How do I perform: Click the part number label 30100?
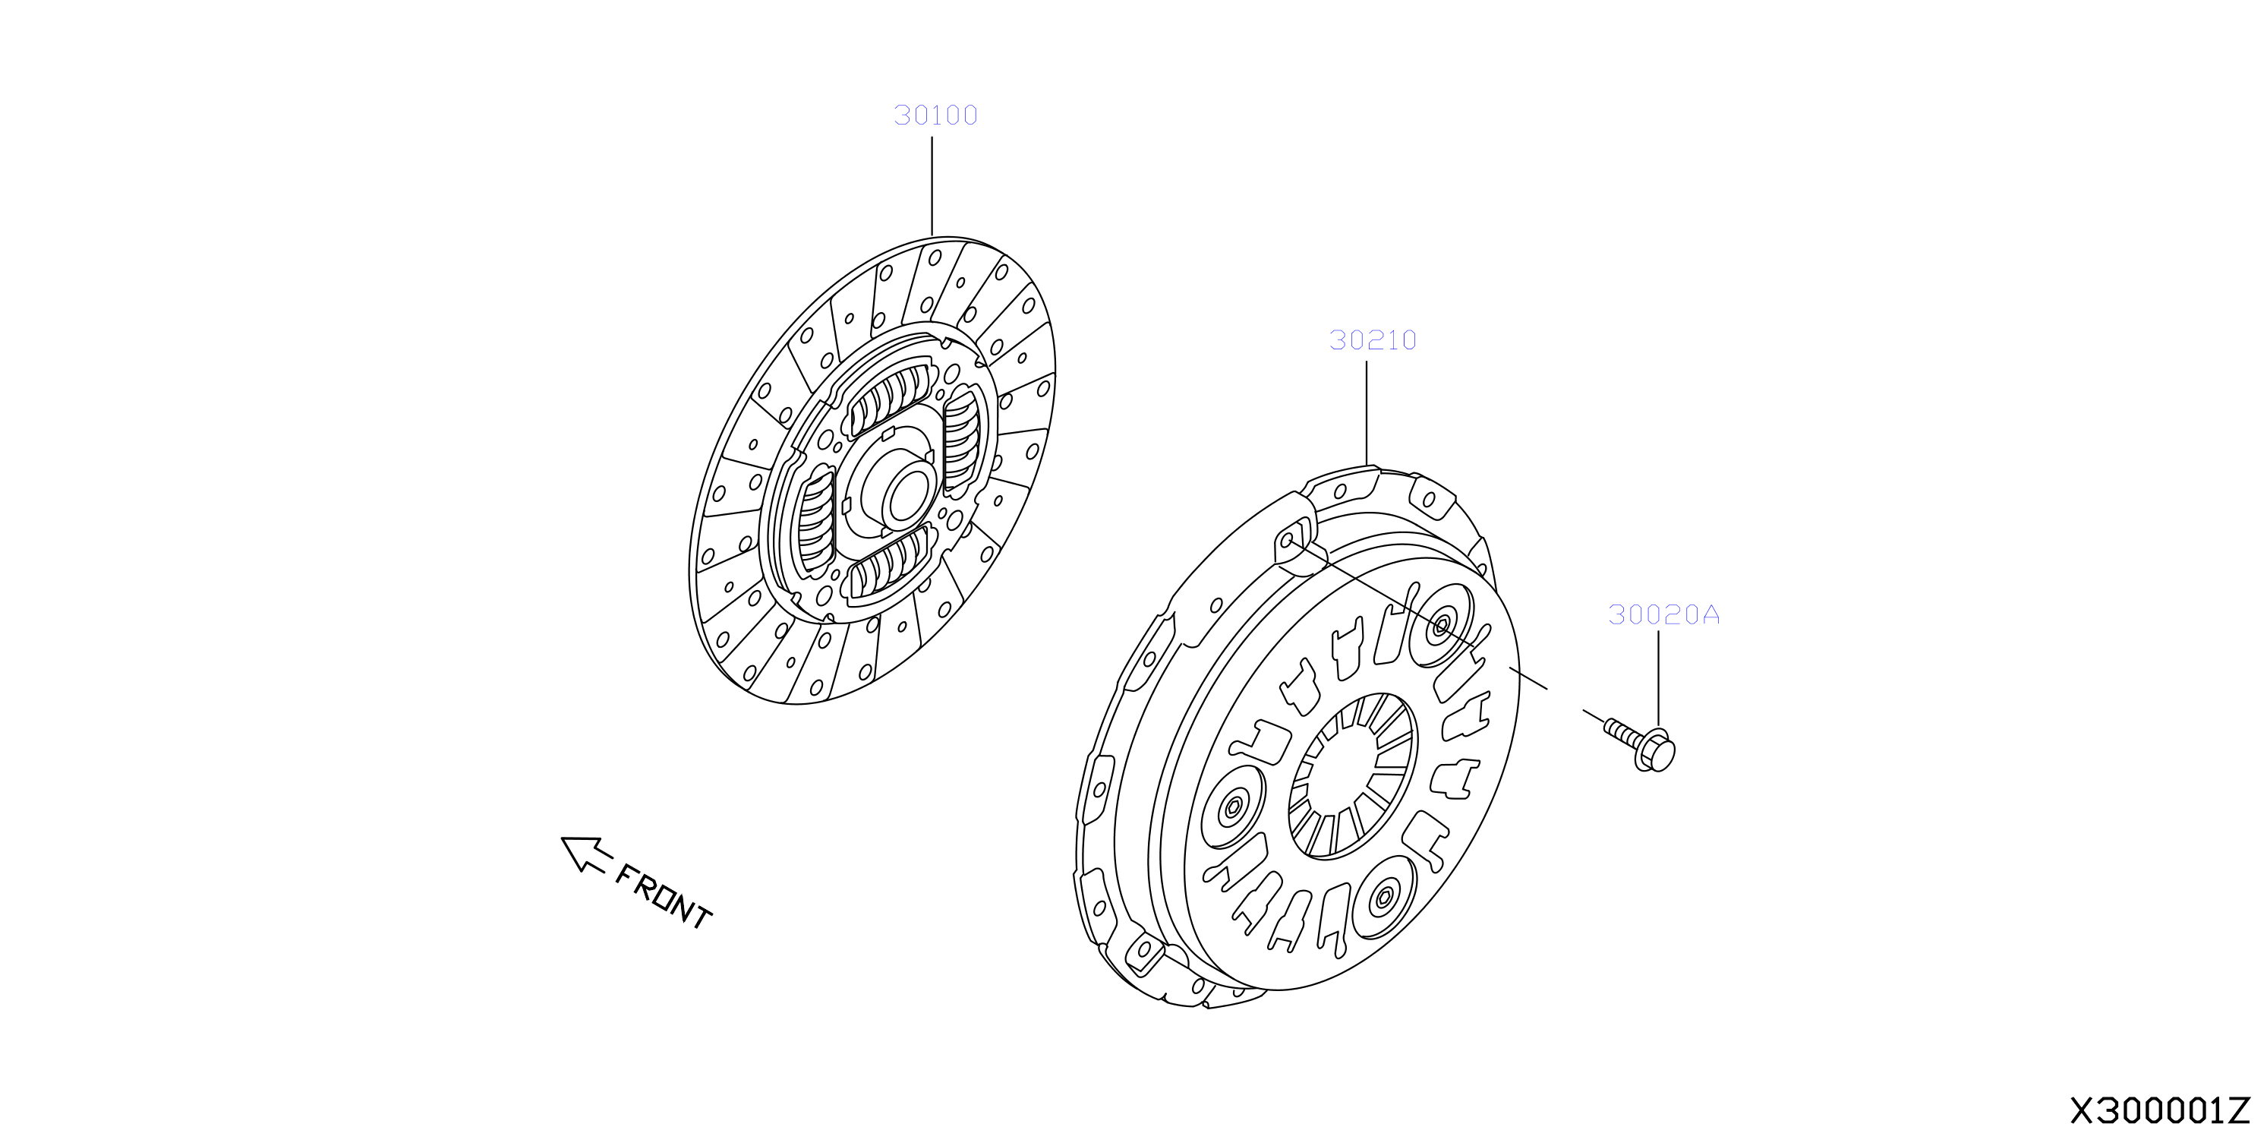935,115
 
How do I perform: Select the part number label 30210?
1373,340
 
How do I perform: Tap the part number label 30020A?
1663,614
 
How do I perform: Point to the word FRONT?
664,896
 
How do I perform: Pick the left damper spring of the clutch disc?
816,522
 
